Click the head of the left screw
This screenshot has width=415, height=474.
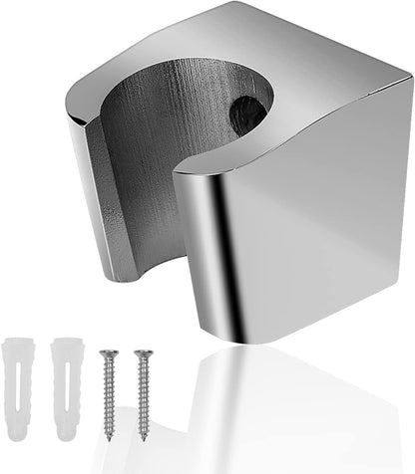click(x=108, y=352)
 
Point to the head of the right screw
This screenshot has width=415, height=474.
click(x=143, y=353)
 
